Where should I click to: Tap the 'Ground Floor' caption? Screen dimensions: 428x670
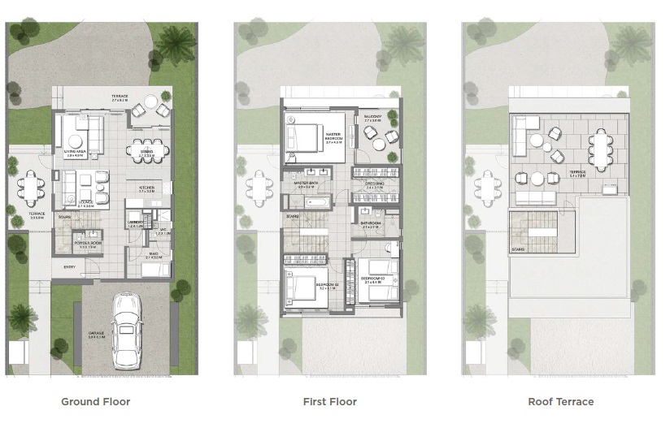coord(96,401)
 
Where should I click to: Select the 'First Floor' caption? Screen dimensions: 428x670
coord(330,401)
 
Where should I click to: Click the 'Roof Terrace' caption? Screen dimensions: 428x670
coord(560,401)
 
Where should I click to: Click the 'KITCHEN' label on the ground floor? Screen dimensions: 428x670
coord(146,188)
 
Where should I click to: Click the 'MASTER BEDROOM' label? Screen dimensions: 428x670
coord(333,136)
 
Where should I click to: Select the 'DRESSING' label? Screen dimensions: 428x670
coord(375,184)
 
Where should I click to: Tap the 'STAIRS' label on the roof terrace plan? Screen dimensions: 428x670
coord(518,249)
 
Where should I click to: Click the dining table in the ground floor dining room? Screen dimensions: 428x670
coord(147,150)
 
